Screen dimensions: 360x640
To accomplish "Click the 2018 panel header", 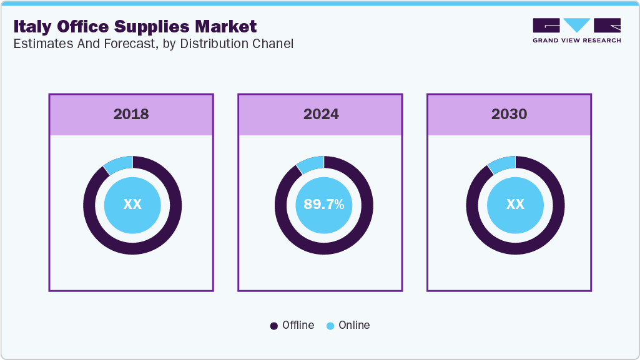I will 131,114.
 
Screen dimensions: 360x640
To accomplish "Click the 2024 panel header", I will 320,114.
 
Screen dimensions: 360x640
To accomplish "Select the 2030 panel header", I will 509,114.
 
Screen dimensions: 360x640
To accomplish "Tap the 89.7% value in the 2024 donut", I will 324,205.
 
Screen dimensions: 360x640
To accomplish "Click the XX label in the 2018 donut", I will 132,205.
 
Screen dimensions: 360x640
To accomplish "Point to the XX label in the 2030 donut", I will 515,205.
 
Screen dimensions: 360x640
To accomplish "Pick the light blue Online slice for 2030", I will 502,163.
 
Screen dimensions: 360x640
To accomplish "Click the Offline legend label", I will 298,325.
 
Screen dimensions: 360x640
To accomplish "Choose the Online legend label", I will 354,325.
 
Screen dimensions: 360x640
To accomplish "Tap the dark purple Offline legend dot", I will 274,326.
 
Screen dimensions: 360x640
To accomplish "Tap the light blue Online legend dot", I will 330,326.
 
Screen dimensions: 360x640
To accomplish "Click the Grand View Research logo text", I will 576,41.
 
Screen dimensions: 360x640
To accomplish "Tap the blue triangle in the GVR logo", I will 577,25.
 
